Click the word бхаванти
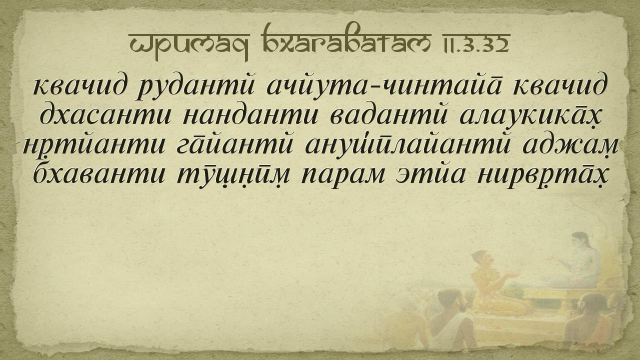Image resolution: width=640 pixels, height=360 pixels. point(99,175)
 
